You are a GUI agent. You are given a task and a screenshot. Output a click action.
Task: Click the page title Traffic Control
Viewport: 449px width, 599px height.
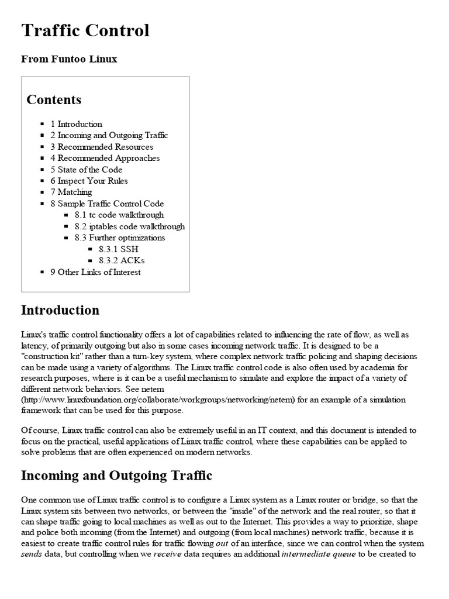pos(85,30)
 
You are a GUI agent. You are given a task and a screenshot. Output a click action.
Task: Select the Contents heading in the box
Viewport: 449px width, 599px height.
pos(54,99)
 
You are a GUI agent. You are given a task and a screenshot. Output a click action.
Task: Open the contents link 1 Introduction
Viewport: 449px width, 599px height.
pos(76,124)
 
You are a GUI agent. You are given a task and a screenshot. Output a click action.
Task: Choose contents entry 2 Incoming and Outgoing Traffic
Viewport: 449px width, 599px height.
pos(109,135)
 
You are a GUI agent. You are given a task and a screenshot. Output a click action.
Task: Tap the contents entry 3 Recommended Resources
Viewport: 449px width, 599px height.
pos(102,147)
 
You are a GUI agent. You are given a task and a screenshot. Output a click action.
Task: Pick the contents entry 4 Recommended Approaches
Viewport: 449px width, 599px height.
pos(105,158)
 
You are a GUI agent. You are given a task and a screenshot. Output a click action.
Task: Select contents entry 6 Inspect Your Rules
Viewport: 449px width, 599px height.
pos(89,181)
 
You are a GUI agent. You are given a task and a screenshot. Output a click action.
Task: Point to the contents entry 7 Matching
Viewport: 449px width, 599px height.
pos(71,192)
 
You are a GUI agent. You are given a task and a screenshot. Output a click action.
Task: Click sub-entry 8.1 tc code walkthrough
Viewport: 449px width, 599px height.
pos(119,215)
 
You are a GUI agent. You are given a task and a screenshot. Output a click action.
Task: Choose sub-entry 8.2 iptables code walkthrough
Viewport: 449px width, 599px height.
pos(130,226)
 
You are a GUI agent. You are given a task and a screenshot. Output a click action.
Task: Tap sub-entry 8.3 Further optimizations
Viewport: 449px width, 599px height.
pos(120,237)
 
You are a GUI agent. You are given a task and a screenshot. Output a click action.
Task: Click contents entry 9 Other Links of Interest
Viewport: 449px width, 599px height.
pos(95,272)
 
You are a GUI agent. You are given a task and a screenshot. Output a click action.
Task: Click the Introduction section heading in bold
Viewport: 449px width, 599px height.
pos(60,310)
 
